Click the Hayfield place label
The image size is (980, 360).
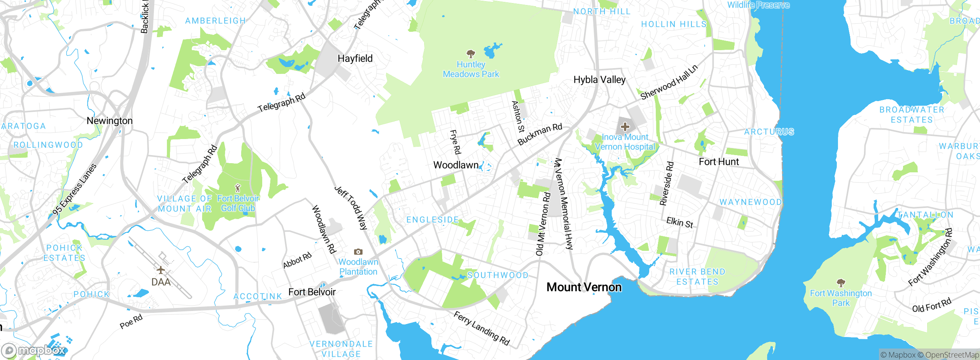(355, 59)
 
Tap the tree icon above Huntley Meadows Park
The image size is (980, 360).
(471, 54)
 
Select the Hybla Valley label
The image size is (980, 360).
(599, 80)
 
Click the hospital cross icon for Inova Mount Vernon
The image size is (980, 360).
(625, 127)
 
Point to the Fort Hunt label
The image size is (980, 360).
(719, 162)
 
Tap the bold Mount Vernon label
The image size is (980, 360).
(584, 287)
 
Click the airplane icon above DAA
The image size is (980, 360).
(161, 270)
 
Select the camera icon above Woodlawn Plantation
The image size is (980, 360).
(358, 252)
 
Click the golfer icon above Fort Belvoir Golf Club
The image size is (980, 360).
(238, 188)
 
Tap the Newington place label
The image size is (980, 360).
(109, 121)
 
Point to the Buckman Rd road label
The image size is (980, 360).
(540, 134)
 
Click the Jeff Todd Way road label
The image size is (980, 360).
(351, 208)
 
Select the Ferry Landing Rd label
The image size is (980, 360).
(482, 329)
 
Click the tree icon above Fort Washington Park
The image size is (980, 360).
(841, 283)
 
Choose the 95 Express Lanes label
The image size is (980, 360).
(75, 189)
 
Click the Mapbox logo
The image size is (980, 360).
(34, 350)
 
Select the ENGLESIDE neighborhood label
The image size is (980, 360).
(433, 220)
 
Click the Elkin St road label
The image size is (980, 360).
(679, 223)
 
